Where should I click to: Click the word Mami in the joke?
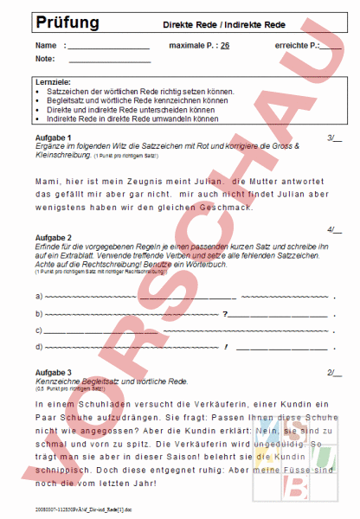pos(48,183)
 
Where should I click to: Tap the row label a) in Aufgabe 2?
pos(38,297)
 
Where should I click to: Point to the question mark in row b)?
pos(225,313)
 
